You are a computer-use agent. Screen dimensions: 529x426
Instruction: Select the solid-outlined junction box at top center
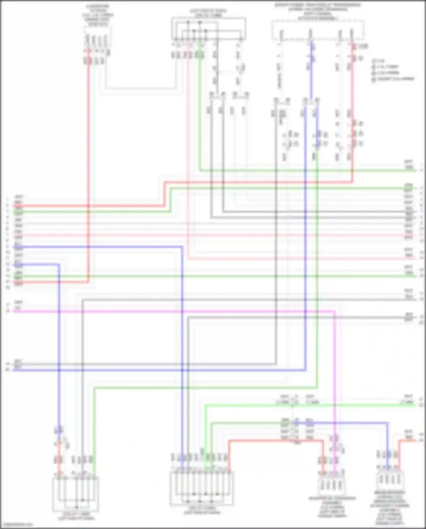[208, 28]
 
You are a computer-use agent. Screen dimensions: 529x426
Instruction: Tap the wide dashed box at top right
[318, 30]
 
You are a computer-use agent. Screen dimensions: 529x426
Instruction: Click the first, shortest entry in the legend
[378, 61]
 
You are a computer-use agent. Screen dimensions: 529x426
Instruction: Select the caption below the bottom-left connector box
[76, 516]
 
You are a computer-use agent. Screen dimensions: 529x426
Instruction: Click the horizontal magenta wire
[170, 312]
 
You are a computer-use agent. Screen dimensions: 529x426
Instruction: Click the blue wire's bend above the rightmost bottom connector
[387, 423]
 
